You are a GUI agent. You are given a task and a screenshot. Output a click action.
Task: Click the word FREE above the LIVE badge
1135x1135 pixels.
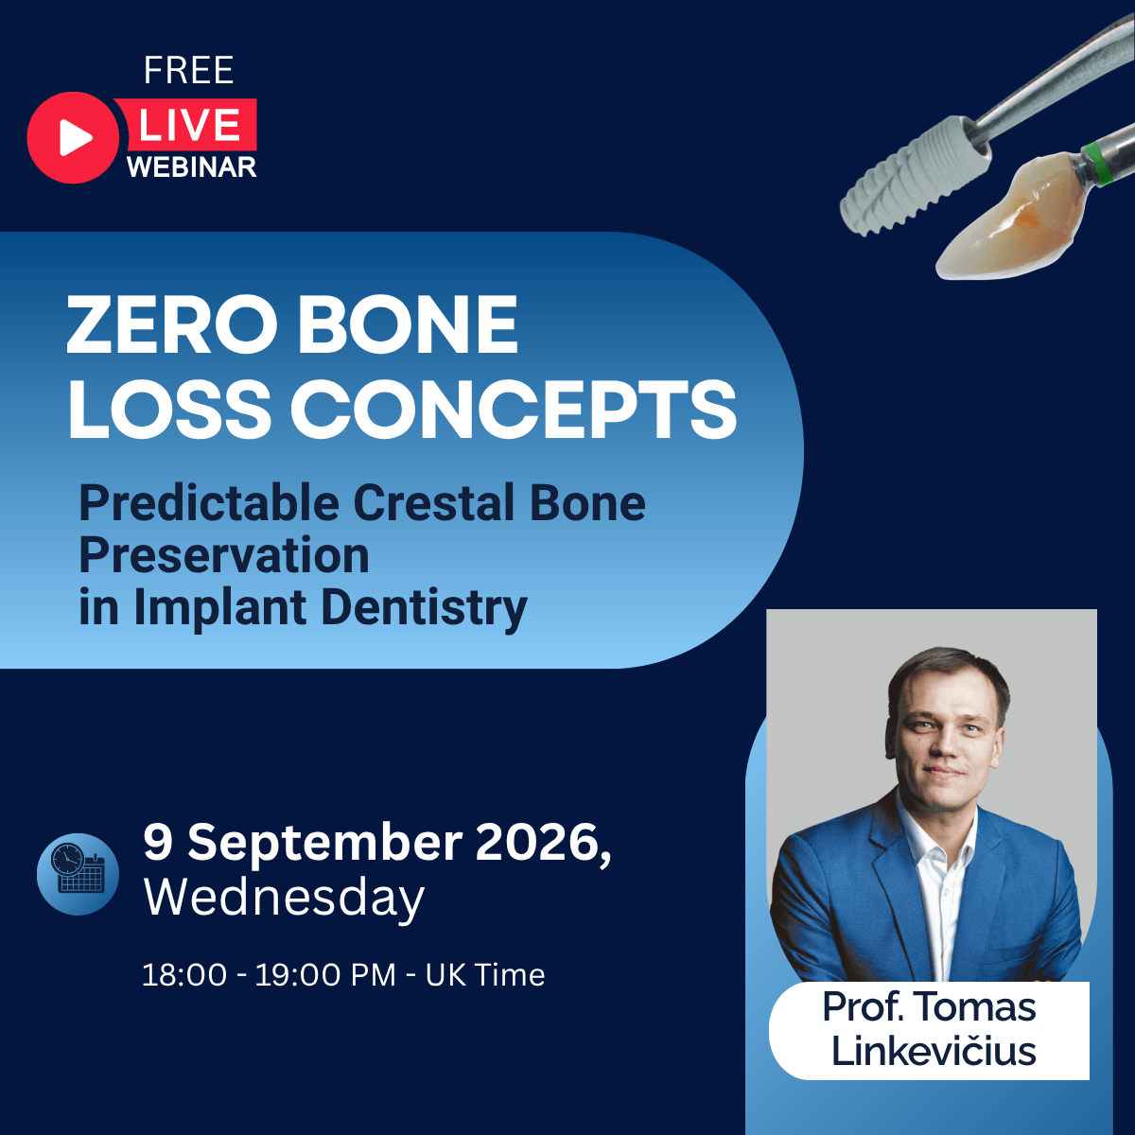point(188,71)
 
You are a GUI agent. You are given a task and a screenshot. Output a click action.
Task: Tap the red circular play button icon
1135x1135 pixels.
point(73,137)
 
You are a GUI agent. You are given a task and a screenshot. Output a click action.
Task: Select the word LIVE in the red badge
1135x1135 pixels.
point(189,125)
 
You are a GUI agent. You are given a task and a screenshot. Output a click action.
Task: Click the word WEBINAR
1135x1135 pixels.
point(191,167)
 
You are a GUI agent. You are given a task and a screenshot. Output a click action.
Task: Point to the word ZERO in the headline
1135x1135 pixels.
point(171,324)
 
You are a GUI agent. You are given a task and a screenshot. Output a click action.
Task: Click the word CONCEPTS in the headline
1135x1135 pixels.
point(514,409)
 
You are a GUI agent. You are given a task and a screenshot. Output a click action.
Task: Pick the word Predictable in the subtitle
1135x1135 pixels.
point(209,502)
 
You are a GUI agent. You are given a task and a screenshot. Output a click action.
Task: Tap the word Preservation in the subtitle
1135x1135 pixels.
point(224,555)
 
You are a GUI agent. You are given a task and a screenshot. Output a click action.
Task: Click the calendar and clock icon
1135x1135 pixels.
point(78,874)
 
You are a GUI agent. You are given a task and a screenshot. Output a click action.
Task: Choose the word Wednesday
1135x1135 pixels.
point(284,899)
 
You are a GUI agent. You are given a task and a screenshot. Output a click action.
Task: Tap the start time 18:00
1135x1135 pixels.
point(184,975)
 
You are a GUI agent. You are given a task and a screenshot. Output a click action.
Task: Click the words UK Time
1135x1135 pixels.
point(485,975)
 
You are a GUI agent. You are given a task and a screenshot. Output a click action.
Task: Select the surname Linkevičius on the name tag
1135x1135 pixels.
point(934,1052)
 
